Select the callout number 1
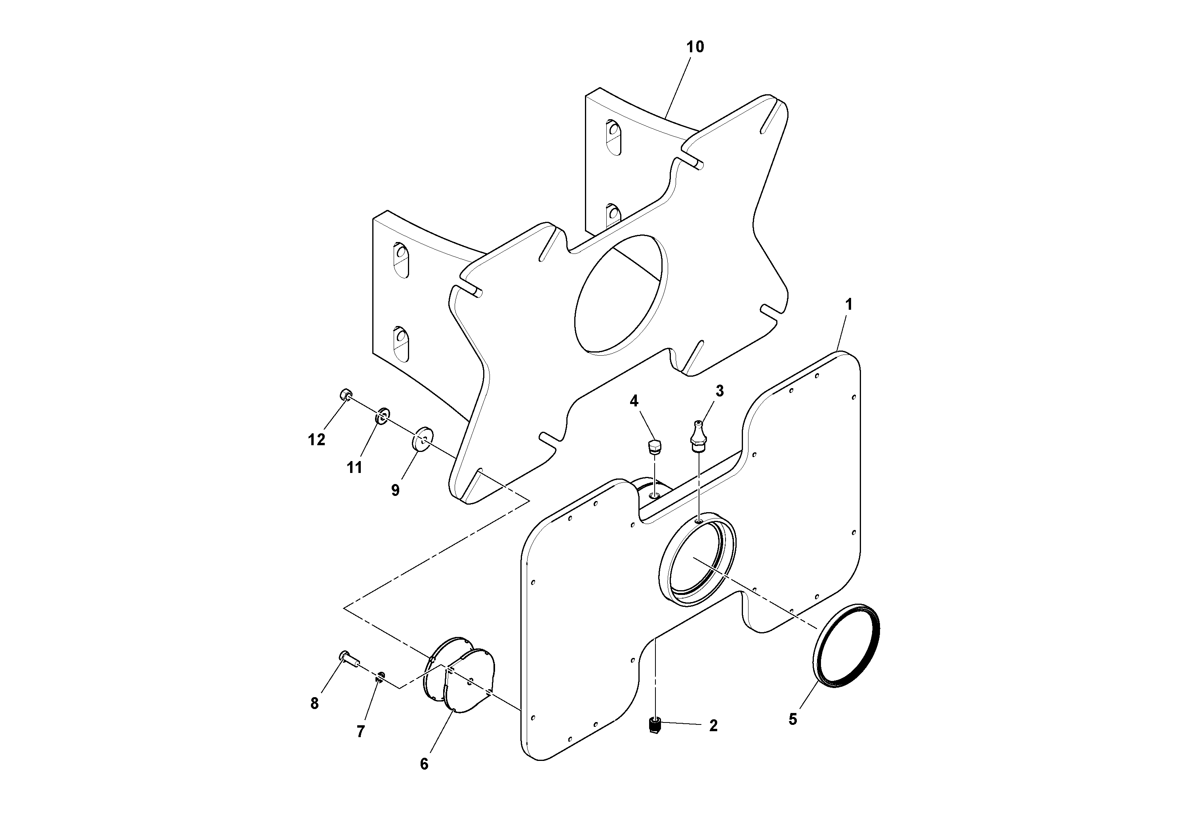pyautogui.click(x=849, y=305)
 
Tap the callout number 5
pyautogui.click(x=793, y=719)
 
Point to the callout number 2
pyautogui.click(x=713, y=725)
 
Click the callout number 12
pyautogui.click(x=316, y=440)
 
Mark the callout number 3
pyautogui.click(x=720, y=391)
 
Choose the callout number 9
pyautogui.click(x=395, y=490)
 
